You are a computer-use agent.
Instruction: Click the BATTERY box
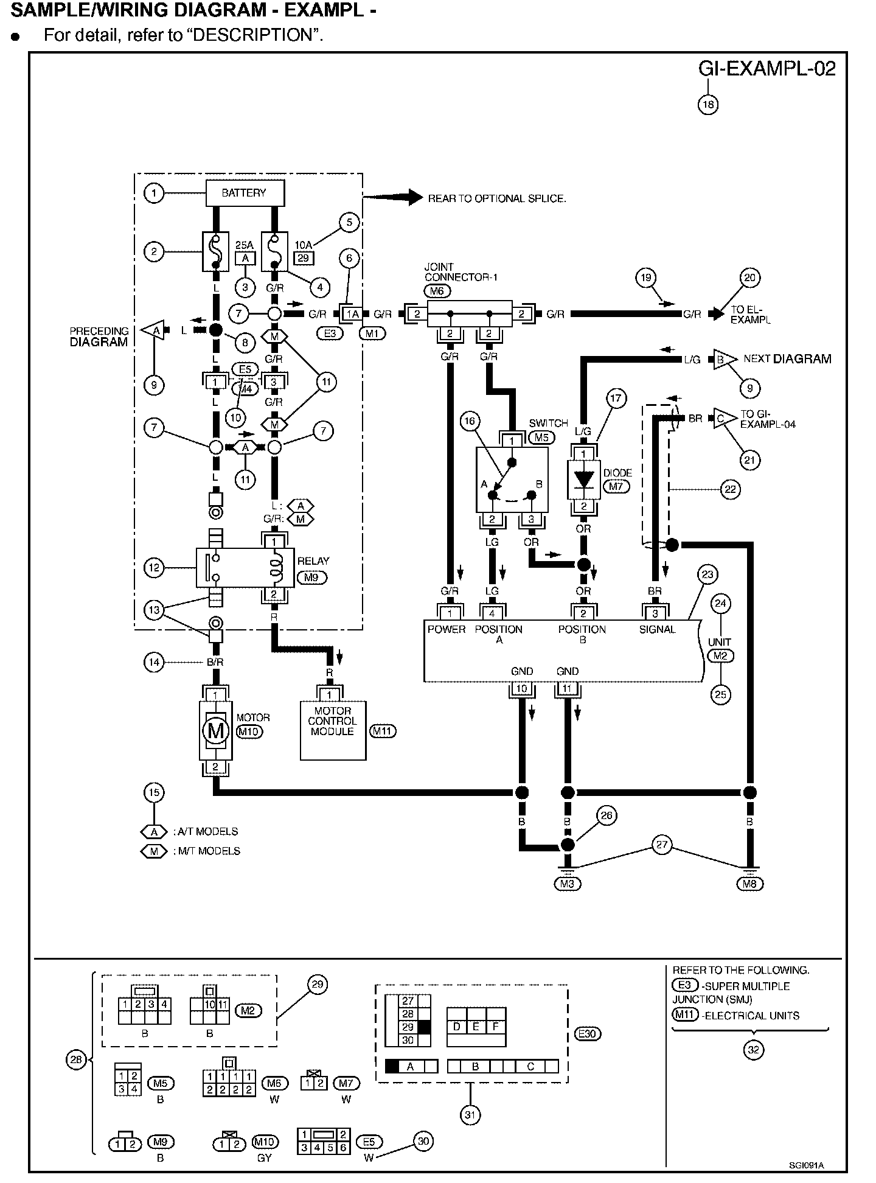(x=245, y=194)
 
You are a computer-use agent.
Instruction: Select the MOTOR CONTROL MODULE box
(x=333, y=731)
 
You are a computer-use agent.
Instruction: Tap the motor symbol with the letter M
(x=215, y=730)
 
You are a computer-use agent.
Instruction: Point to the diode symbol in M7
(x=583, y=479)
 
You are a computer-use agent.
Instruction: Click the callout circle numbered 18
(x=707, y=105)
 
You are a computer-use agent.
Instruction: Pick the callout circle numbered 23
(x=707, y=574)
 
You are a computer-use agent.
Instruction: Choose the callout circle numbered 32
(x=753, y=1050)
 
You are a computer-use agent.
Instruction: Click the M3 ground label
(x=567, y=884)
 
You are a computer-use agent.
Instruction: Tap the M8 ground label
(x=749, y=884)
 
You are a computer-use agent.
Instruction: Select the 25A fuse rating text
(x=244, y=245)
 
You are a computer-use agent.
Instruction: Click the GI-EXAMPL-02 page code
(x=766, y=68)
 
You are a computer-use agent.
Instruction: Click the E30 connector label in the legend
(x=588, y=1033)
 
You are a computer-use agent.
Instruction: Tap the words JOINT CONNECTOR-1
(x=460, y=272)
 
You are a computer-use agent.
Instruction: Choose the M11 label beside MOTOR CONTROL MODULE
(x=383, y=731)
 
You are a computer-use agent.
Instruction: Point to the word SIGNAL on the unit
(x=657, y=629)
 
